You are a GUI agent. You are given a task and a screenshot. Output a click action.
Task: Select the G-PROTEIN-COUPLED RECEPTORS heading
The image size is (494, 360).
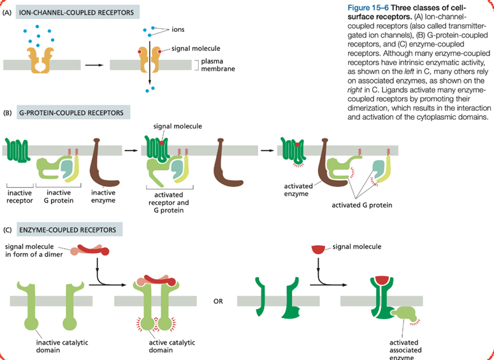73,113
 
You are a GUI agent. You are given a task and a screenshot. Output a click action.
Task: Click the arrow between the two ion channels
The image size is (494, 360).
93,64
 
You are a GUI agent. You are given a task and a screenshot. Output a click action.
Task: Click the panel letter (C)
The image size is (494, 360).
7,229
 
